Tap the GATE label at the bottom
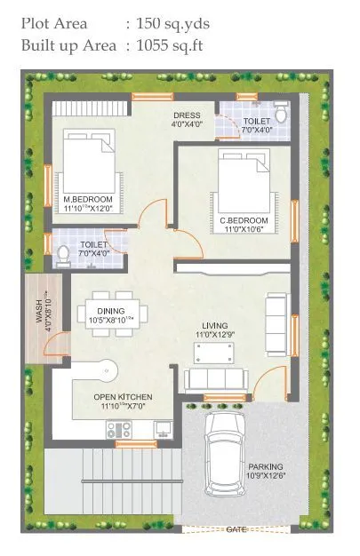point(236,530)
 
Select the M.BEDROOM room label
point(88,199)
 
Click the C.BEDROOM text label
point(244,219)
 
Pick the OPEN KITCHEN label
point(124,396)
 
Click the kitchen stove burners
point(118,431)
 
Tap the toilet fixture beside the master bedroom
point(63,255)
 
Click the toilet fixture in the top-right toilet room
point(281,115)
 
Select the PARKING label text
point(266,466)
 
